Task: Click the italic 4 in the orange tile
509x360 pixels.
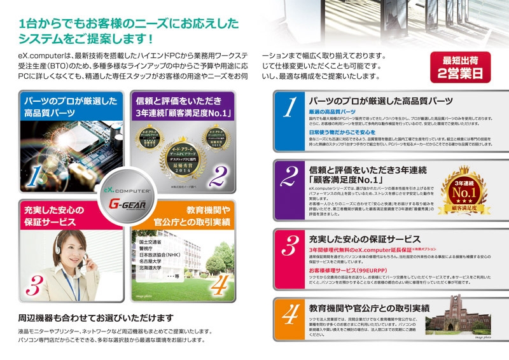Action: (218, 284)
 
